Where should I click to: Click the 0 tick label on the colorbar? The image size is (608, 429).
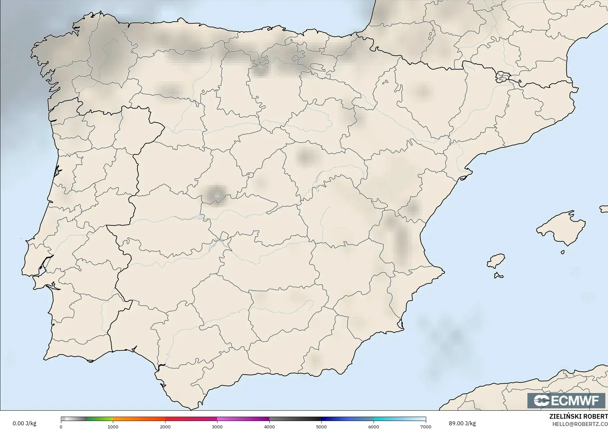coord(61,426)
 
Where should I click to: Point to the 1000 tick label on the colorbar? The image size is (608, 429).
coord(113,426)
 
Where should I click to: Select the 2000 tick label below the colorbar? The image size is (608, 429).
coord(165,426)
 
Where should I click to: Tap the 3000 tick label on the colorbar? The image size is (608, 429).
coord(217,426)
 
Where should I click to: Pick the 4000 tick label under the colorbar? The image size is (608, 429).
coord(269,426)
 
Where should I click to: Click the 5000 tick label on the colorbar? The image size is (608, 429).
coord(321,426)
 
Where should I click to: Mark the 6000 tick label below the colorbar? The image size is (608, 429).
coord(374,426)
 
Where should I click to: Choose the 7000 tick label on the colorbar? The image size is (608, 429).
coord(426,426)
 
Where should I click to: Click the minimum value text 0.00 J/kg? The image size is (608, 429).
coord(25,423)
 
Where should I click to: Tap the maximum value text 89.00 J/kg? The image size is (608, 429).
coord(462,423)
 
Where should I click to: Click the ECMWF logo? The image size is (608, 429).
coord(566,400)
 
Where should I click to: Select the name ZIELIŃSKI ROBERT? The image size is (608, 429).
coord(578,416)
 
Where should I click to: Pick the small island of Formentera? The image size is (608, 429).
coord(498,275)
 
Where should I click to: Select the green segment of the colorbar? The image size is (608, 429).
coord(100,419)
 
